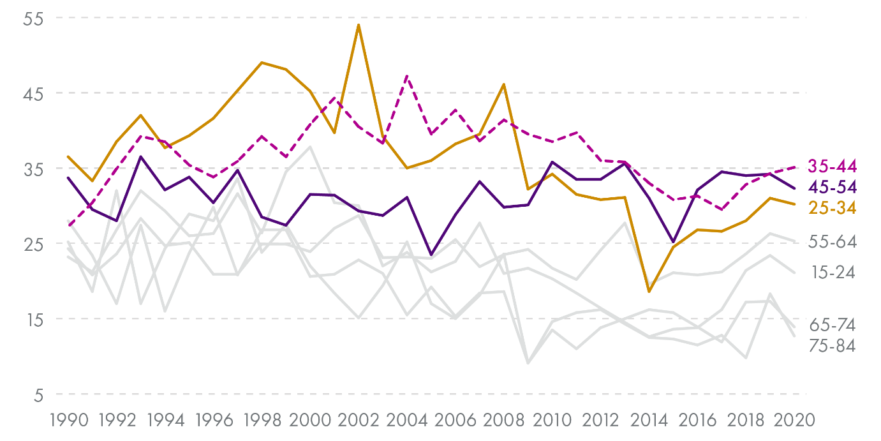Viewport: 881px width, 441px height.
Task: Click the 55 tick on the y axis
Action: coord(33,19)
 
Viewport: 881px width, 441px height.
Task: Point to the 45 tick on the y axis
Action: coord(33,94)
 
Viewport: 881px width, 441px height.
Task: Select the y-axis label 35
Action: coord(33,169)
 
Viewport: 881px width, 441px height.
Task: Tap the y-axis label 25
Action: coord(33,244)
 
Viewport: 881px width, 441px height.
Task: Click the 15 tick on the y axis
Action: coord(33,319)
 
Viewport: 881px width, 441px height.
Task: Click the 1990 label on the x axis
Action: coord(68,421)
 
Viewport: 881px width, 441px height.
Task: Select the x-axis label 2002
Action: coord(359,421)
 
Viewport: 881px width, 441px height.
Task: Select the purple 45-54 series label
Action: coord(832,187)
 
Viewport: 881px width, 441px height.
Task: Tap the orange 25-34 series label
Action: coord(832,207)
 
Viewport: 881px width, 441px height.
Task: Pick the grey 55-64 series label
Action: coord(832,242)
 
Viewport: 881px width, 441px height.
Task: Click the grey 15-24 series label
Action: coord(832,273)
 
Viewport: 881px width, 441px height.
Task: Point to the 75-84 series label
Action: coord(832,346)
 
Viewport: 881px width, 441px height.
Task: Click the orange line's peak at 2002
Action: coord(359,25)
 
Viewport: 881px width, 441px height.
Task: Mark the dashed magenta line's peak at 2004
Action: coord(407,76)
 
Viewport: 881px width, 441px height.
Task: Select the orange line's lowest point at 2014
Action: coord(649,292)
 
